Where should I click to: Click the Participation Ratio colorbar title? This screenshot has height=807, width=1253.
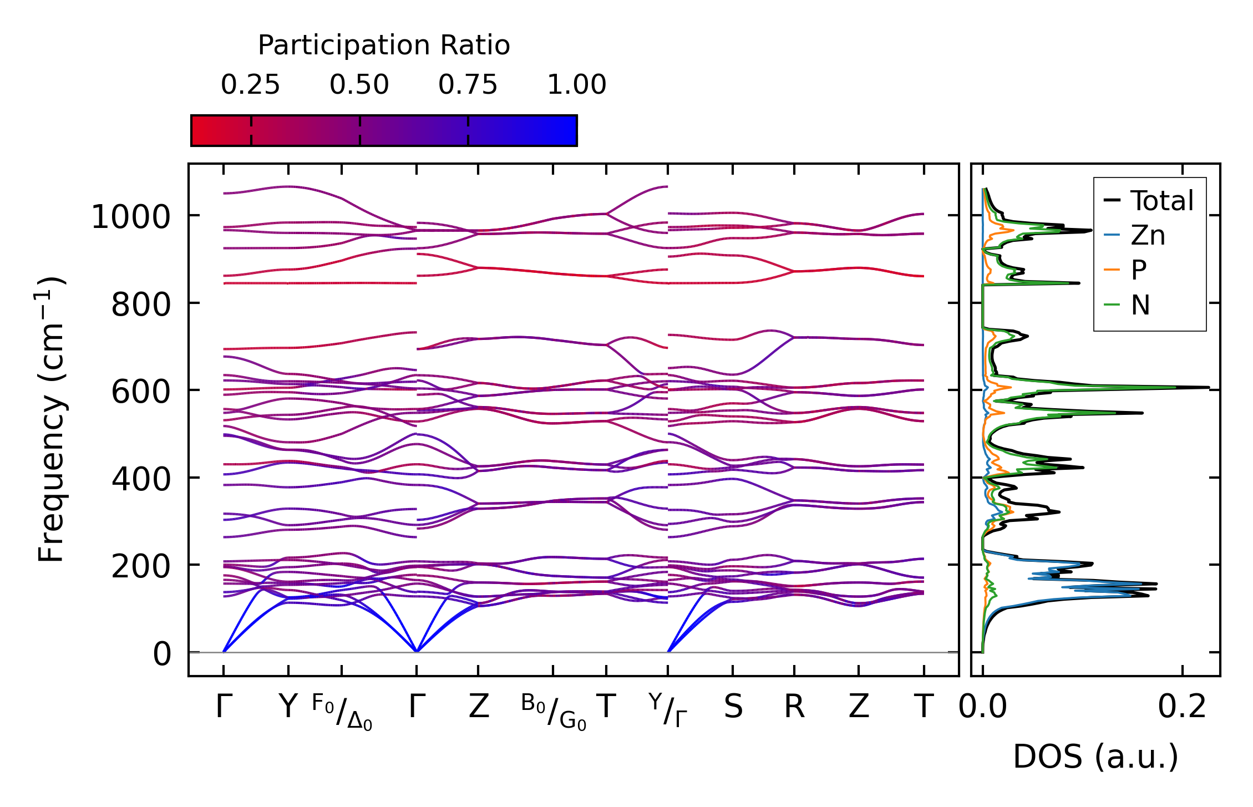point(384,45)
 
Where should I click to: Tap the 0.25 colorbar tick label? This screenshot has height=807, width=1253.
point(251,85)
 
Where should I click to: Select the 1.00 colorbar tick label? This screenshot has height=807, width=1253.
point(577,85)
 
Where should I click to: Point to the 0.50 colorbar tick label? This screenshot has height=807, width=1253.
point(359,85)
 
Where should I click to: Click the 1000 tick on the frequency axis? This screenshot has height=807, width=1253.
point(131,217)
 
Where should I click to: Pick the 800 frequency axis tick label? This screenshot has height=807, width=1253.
point(141,304)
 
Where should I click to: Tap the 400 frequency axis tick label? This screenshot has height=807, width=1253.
point(141,479)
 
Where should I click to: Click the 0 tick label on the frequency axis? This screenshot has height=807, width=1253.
point(162,654)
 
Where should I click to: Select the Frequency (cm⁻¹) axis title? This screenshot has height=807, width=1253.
point(52,420)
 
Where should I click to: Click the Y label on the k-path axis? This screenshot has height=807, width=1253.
point(288,707)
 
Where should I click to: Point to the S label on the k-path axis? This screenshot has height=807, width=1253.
point(733,707)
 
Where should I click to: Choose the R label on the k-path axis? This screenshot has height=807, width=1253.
point(794,707)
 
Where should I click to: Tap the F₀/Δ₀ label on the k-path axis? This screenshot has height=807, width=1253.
point(342,712)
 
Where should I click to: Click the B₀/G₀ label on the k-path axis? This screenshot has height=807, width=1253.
point(554,712)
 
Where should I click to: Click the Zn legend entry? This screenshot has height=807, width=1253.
point(1148,236)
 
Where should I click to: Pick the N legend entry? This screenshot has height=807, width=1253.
point(1140,305)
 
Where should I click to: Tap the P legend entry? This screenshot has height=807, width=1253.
point(1139,271)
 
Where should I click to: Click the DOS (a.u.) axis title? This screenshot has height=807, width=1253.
point(1095,757)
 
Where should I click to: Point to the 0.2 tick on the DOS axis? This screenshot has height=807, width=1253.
point(1182,707)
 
